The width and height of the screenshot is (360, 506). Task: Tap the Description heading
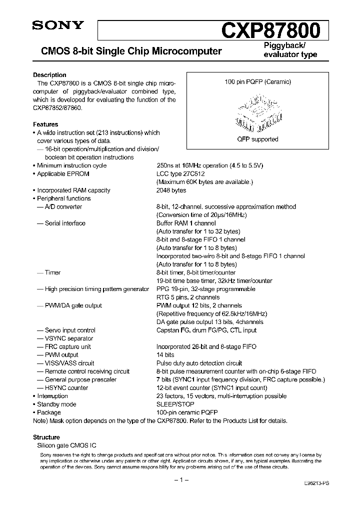click(x=49, y=75)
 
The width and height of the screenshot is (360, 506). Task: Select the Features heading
click(x=45, y=124)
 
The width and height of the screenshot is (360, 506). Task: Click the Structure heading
click(x=46, y=437)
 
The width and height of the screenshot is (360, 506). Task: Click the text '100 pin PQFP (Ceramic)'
click(x=257, y=81)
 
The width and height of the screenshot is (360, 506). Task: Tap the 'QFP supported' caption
click(x=257, y=139)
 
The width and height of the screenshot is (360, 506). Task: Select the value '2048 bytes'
click(x=171, y=190)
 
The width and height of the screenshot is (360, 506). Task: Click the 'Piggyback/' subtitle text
click(x=284, y=46)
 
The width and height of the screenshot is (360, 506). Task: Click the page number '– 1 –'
click(x=180, y=480)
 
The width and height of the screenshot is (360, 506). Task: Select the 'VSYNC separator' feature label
click(x=69, y=338)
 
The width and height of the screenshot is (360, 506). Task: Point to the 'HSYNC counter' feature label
click(x=66, y=388)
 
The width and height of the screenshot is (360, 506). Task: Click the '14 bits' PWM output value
click(x=165, y=355)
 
